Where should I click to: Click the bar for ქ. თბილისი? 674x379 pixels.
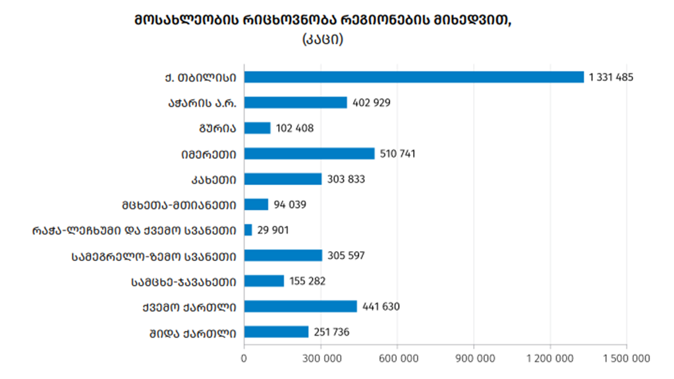click(414, 77)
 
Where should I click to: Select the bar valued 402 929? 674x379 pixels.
click(295, 102)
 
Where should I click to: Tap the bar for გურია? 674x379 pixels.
click(257, 128)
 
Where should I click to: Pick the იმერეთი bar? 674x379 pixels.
click(309, 154)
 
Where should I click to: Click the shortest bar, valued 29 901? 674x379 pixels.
click(248, 230)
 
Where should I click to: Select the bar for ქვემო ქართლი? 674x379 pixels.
click(300, 306)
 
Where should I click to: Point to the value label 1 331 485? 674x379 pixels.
click(611, 77)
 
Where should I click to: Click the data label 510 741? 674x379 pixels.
click(398, 154)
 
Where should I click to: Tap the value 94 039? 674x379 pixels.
click(291, 204)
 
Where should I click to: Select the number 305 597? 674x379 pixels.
click(346, 256)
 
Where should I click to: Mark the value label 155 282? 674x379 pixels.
click(307, 281)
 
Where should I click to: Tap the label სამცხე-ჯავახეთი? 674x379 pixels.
click(184, 281)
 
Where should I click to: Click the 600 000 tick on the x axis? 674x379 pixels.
click(397, 359)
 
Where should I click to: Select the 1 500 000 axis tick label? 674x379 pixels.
click(627, 359)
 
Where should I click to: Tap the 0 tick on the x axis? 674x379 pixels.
click(244, 359)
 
